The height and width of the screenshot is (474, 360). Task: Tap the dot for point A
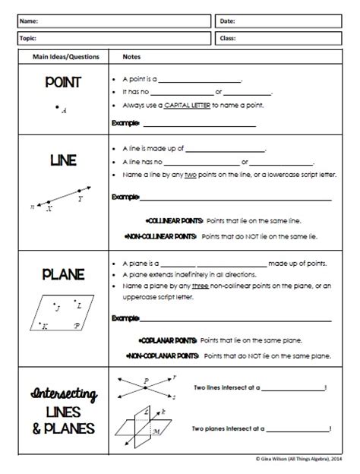pyautogui.click(x=57, y=108)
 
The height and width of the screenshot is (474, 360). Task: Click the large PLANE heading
pyautogui.click(x=62, y=274)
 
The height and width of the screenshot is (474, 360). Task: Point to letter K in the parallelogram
pyautogui.click(x=45, y=326)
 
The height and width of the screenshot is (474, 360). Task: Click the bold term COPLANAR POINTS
pyautogui.click(x=169, y=340)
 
